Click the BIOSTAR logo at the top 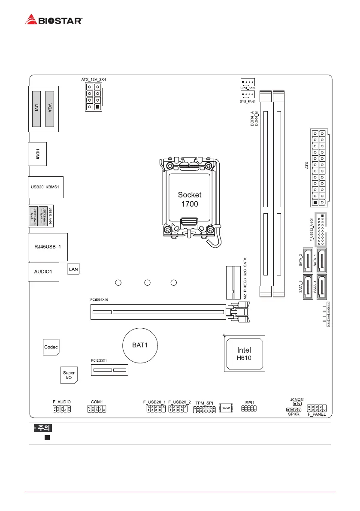[54, 20]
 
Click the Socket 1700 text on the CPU [189, 199]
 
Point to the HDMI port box [37, 154]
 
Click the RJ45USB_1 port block [48, 247]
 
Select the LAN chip [74, 269]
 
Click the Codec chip [51, 347]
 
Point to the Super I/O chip [69, 375]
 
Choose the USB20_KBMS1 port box [45, 187]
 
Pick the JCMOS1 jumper [296, 403]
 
